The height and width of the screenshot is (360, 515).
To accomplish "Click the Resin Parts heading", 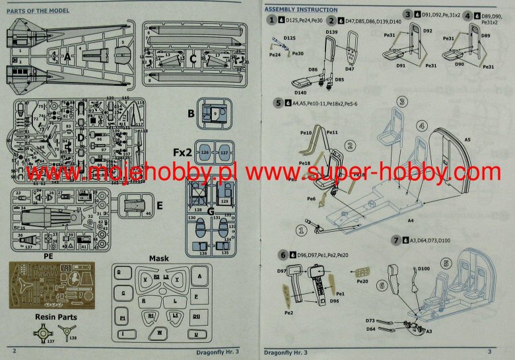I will tap(55, 317).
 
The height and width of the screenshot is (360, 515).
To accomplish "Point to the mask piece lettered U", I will tap(197, 335).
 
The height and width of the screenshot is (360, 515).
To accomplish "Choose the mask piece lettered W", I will tap(160, 334).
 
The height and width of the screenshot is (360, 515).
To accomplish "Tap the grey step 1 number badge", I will tap(271, 21).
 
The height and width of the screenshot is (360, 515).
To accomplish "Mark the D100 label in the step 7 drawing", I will tap(424, 269).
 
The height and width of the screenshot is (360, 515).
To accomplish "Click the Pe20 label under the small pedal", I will tap(362, 281).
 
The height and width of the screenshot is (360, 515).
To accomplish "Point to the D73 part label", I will tap(372, 320).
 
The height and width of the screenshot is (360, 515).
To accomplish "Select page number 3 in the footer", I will tap(489, 351).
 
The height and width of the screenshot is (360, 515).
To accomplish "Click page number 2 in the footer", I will tap(14, 351).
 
